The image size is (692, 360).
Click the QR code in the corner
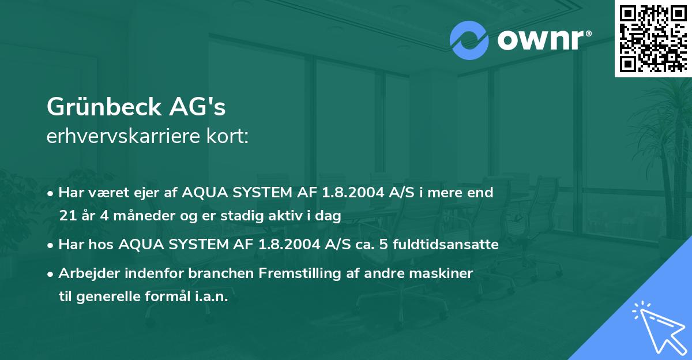point(653,38)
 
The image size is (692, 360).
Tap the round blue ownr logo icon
point(469,40)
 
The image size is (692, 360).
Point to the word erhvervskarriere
point(116,136)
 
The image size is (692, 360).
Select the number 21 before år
point(66,216)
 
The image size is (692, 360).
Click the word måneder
point(125,216)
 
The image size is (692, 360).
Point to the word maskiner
point(445,273)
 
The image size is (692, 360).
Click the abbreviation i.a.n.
point(211,296)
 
